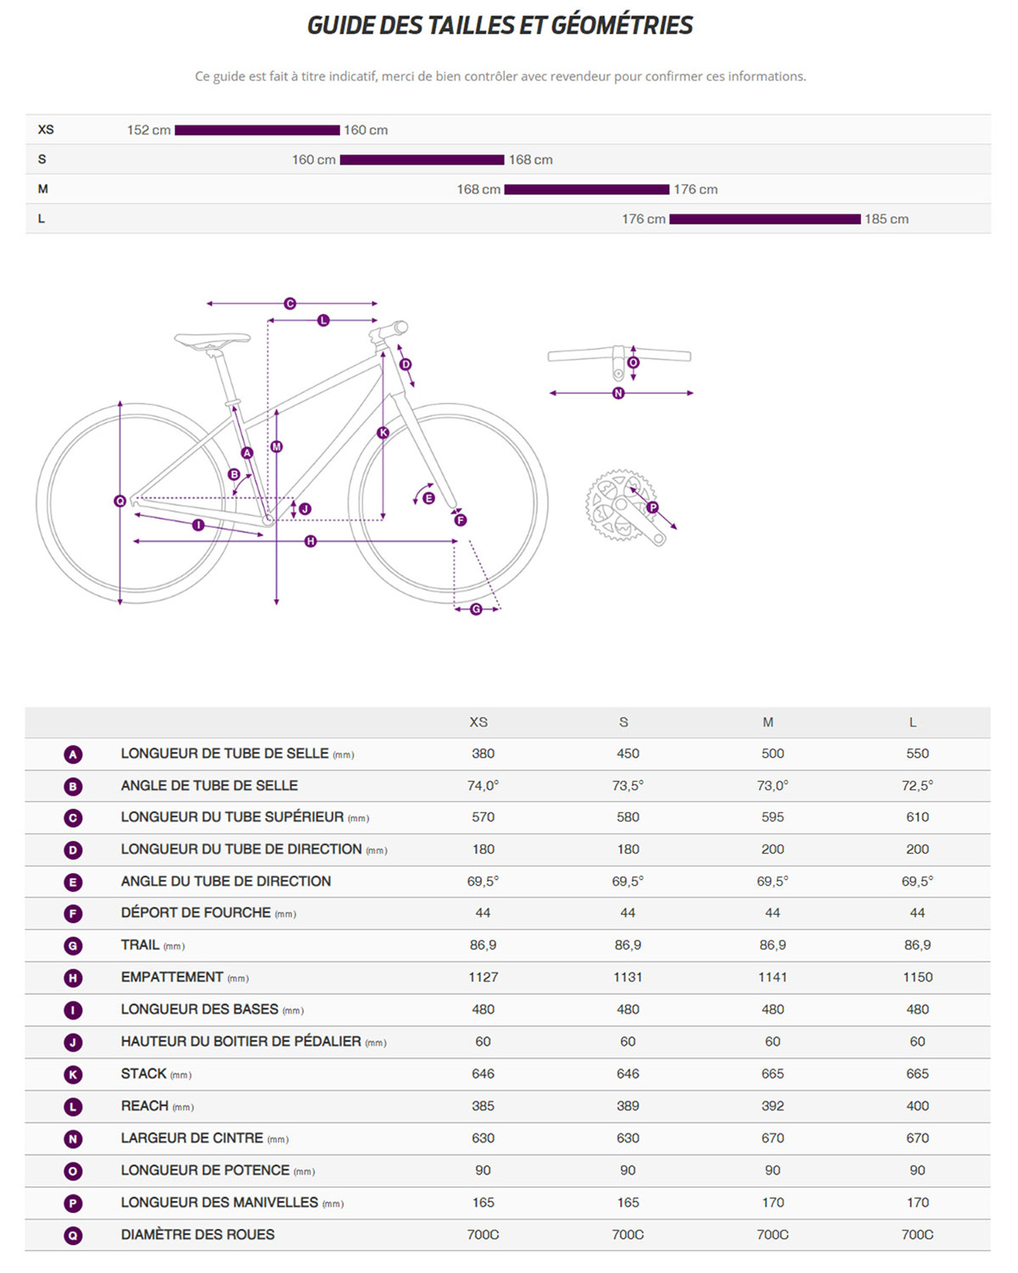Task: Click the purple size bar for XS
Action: coord(257,130)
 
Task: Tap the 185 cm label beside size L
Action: coord(886,219)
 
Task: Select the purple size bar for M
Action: coord(586,190)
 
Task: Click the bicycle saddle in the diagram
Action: coord(212,340)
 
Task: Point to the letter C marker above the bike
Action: coord(290,303)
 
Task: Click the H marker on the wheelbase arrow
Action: coord(310,541)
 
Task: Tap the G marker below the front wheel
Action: coord(476,609)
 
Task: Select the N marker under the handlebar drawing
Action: coord(619,393)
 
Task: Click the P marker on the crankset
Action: coord(653,507)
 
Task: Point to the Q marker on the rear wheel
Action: coord(120,501)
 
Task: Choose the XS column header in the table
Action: coord(478,722)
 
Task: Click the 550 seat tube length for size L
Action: coord(917,753)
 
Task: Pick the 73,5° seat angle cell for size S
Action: coord(628,786)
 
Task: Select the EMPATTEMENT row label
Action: coord(172,977)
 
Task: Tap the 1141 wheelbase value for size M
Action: coord(772,977)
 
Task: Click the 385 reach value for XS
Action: coord(483,1106)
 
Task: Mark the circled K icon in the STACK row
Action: coord(73,1074)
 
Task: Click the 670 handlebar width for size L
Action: coord(917,1138)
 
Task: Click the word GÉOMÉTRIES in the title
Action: coord(621,25)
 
